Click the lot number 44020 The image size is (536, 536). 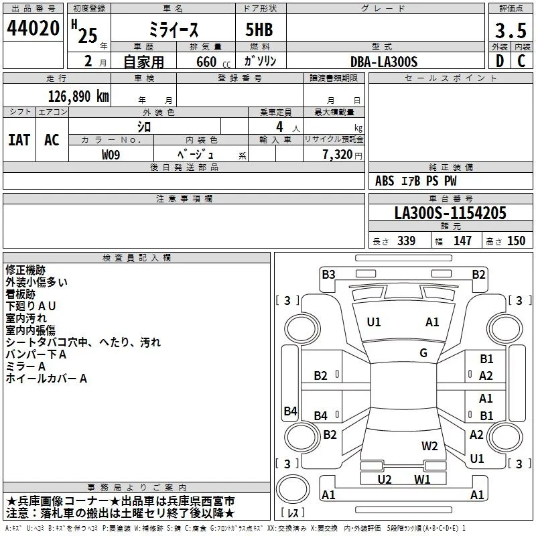33,28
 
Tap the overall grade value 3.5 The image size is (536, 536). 511,30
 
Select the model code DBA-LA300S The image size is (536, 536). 384,62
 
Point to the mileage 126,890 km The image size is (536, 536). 78,96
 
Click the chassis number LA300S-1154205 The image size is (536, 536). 450,213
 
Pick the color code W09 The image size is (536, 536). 111,155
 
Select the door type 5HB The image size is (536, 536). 259,29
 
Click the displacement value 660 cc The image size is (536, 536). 213,62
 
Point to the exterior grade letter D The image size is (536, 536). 500,61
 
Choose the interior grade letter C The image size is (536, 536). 521,61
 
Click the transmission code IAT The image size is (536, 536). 19,140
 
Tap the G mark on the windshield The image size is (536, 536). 423,353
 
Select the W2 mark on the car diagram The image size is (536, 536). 429,446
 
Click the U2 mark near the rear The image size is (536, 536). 385,479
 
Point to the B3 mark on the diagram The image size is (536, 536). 328,275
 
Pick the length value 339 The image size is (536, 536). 406,241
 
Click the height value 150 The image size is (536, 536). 516,241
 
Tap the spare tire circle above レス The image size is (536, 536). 293,489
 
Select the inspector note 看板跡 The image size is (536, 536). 21,294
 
